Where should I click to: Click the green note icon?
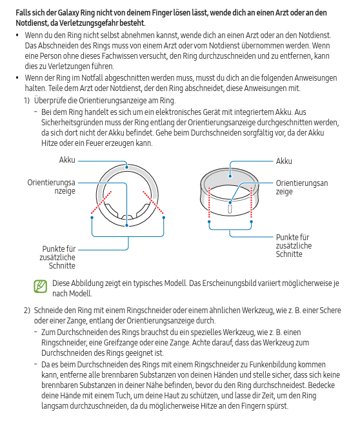pos(40,286)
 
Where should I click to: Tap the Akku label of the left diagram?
pos(67,160)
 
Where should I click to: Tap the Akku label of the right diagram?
pos(284,161)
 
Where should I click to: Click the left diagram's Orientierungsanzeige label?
pos(51,187)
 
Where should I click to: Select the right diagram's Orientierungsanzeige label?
pos(302,187)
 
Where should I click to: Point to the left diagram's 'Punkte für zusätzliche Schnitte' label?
pos(57,257)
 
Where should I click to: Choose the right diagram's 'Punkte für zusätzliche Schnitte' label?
pos(294,246)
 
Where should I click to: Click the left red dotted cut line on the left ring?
pos(101,202)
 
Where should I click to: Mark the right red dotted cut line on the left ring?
pos(154,202)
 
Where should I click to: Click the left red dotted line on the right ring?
pos(209,203)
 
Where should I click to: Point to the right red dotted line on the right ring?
pos(251,203)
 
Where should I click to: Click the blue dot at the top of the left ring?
pos(126,167)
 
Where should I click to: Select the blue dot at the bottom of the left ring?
pos(126,225)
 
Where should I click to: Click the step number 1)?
pos(26,101)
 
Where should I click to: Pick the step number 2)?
pos(27,311)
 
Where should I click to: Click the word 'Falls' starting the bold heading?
pos(23,13)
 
